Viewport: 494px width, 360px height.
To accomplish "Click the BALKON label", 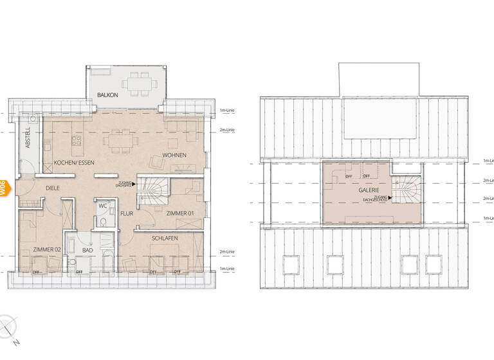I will coord(107,95).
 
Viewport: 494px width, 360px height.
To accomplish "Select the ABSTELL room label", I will coord(27,138).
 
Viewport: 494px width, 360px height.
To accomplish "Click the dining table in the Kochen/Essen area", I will coord(121,139).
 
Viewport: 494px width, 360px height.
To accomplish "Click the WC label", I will coord(103,206).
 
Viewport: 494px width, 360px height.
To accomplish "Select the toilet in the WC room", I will coord(103,222).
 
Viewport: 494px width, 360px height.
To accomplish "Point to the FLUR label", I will coord(127,213).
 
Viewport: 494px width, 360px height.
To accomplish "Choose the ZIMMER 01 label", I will coord(179,213).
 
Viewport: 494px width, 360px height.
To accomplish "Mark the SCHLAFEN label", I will coord(165,238).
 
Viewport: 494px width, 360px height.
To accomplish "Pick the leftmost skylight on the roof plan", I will coord(291,264).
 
